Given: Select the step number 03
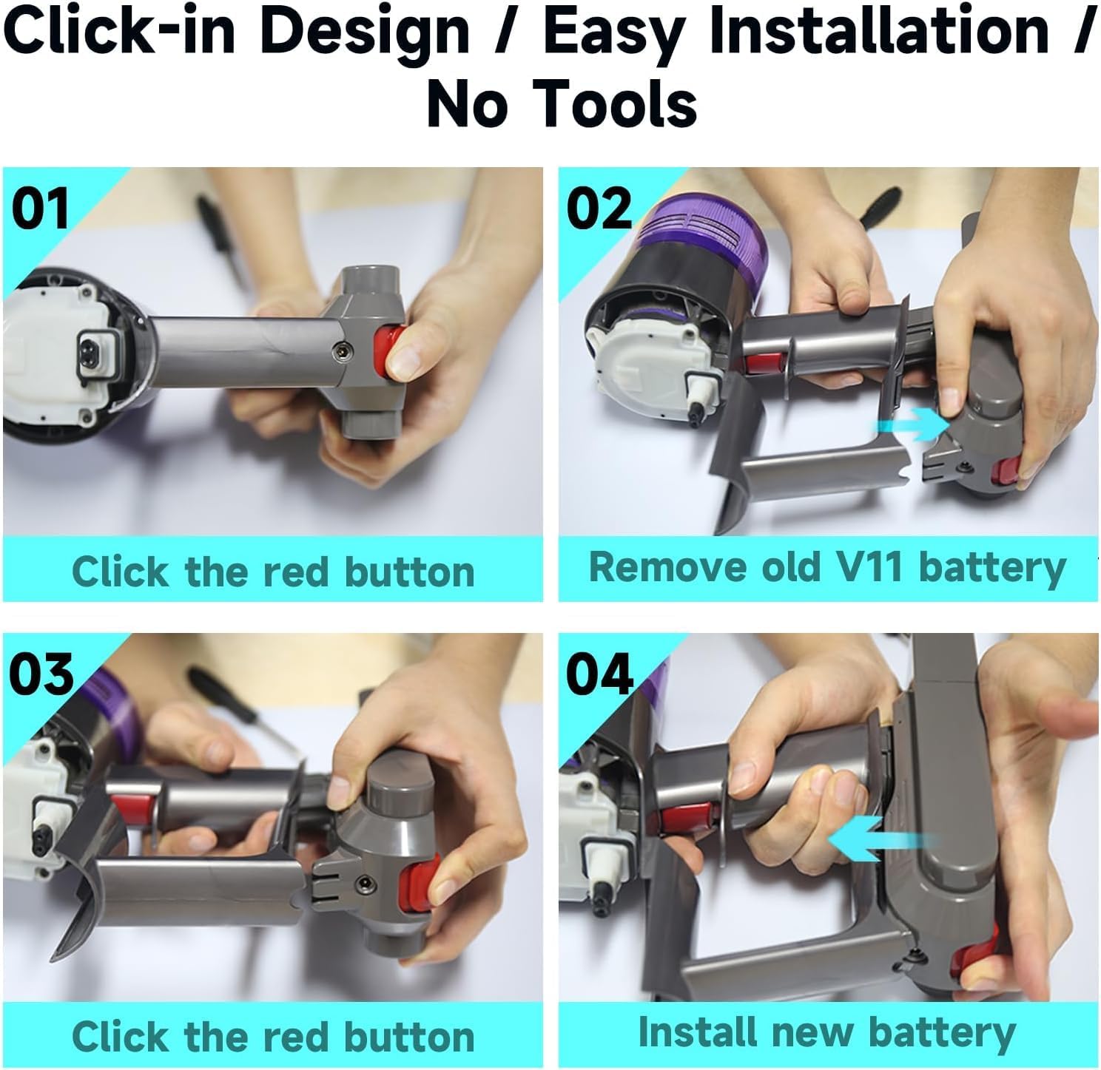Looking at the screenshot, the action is click(41, 674).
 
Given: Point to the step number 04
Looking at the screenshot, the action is click(600, 674).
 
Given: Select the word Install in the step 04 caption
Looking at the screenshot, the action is click(698, 1032).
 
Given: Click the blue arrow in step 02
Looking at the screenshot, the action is click(913, 425).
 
